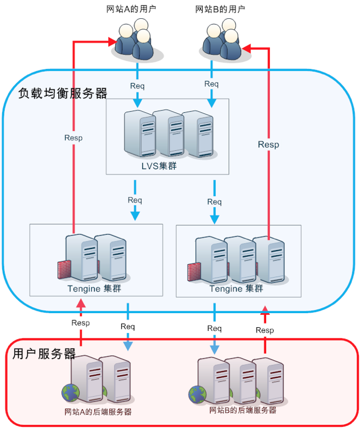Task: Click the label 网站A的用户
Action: point(131,9)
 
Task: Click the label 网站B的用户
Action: point(220,9)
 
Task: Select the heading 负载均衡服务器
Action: point(63,93)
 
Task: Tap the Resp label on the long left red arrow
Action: point(73,138)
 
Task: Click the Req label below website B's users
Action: point(212,84)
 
